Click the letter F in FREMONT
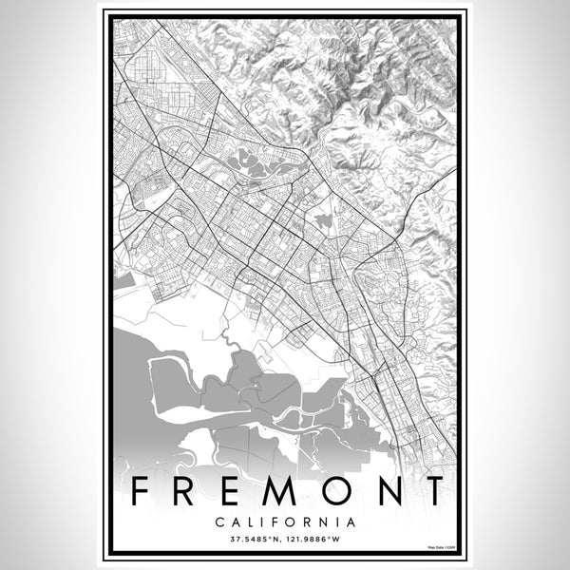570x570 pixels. (x=141, y=491)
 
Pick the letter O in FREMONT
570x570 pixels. (x=339, y=491)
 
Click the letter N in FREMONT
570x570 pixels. (x=389, y=491)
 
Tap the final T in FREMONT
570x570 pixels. (x=433, y=491)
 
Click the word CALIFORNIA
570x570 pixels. (x=285, y=522)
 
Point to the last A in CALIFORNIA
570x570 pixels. (x=351, y=522)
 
